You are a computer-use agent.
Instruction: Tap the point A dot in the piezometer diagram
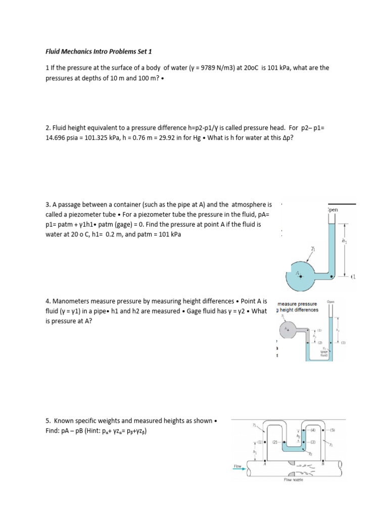click(x=302, y=275)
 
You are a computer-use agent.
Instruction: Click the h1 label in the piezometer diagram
click(x=345, y=242)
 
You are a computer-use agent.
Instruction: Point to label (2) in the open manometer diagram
click(x=320, y=342)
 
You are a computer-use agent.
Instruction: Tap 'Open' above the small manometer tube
click(x=331, y=302)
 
